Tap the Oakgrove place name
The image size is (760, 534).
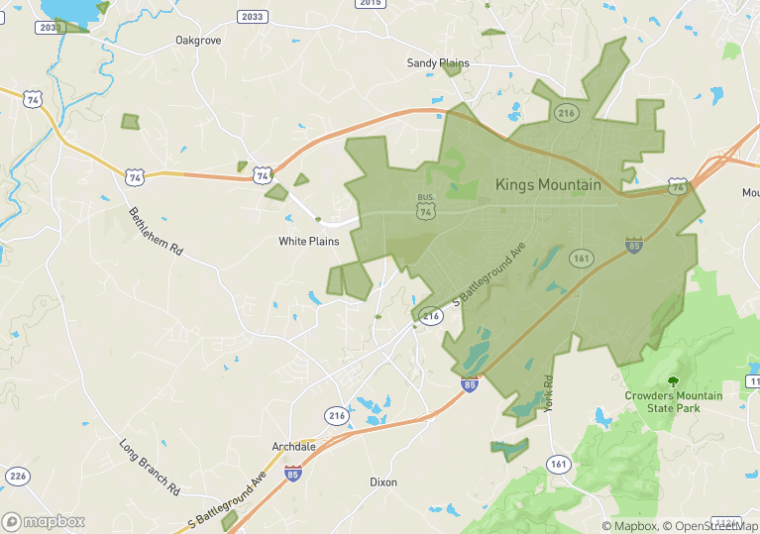(197, 41)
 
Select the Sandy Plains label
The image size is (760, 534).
(438, 63)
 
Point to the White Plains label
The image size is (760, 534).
(308, 242)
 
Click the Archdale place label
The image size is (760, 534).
(293, 447)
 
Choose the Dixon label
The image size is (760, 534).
(383, 482)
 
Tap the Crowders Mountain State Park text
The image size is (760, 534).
(673, 401)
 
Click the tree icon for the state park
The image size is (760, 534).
(674, 381)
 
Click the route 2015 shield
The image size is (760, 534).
(370, 4)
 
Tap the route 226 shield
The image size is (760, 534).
(17, 476)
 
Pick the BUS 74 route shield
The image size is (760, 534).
(426, 206)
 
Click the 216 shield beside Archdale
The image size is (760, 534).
(337, 415)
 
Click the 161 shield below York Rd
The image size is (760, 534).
(558, 464)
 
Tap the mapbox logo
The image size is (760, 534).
(45, 521)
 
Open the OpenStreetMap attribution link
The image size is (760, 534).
(709, 526)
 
